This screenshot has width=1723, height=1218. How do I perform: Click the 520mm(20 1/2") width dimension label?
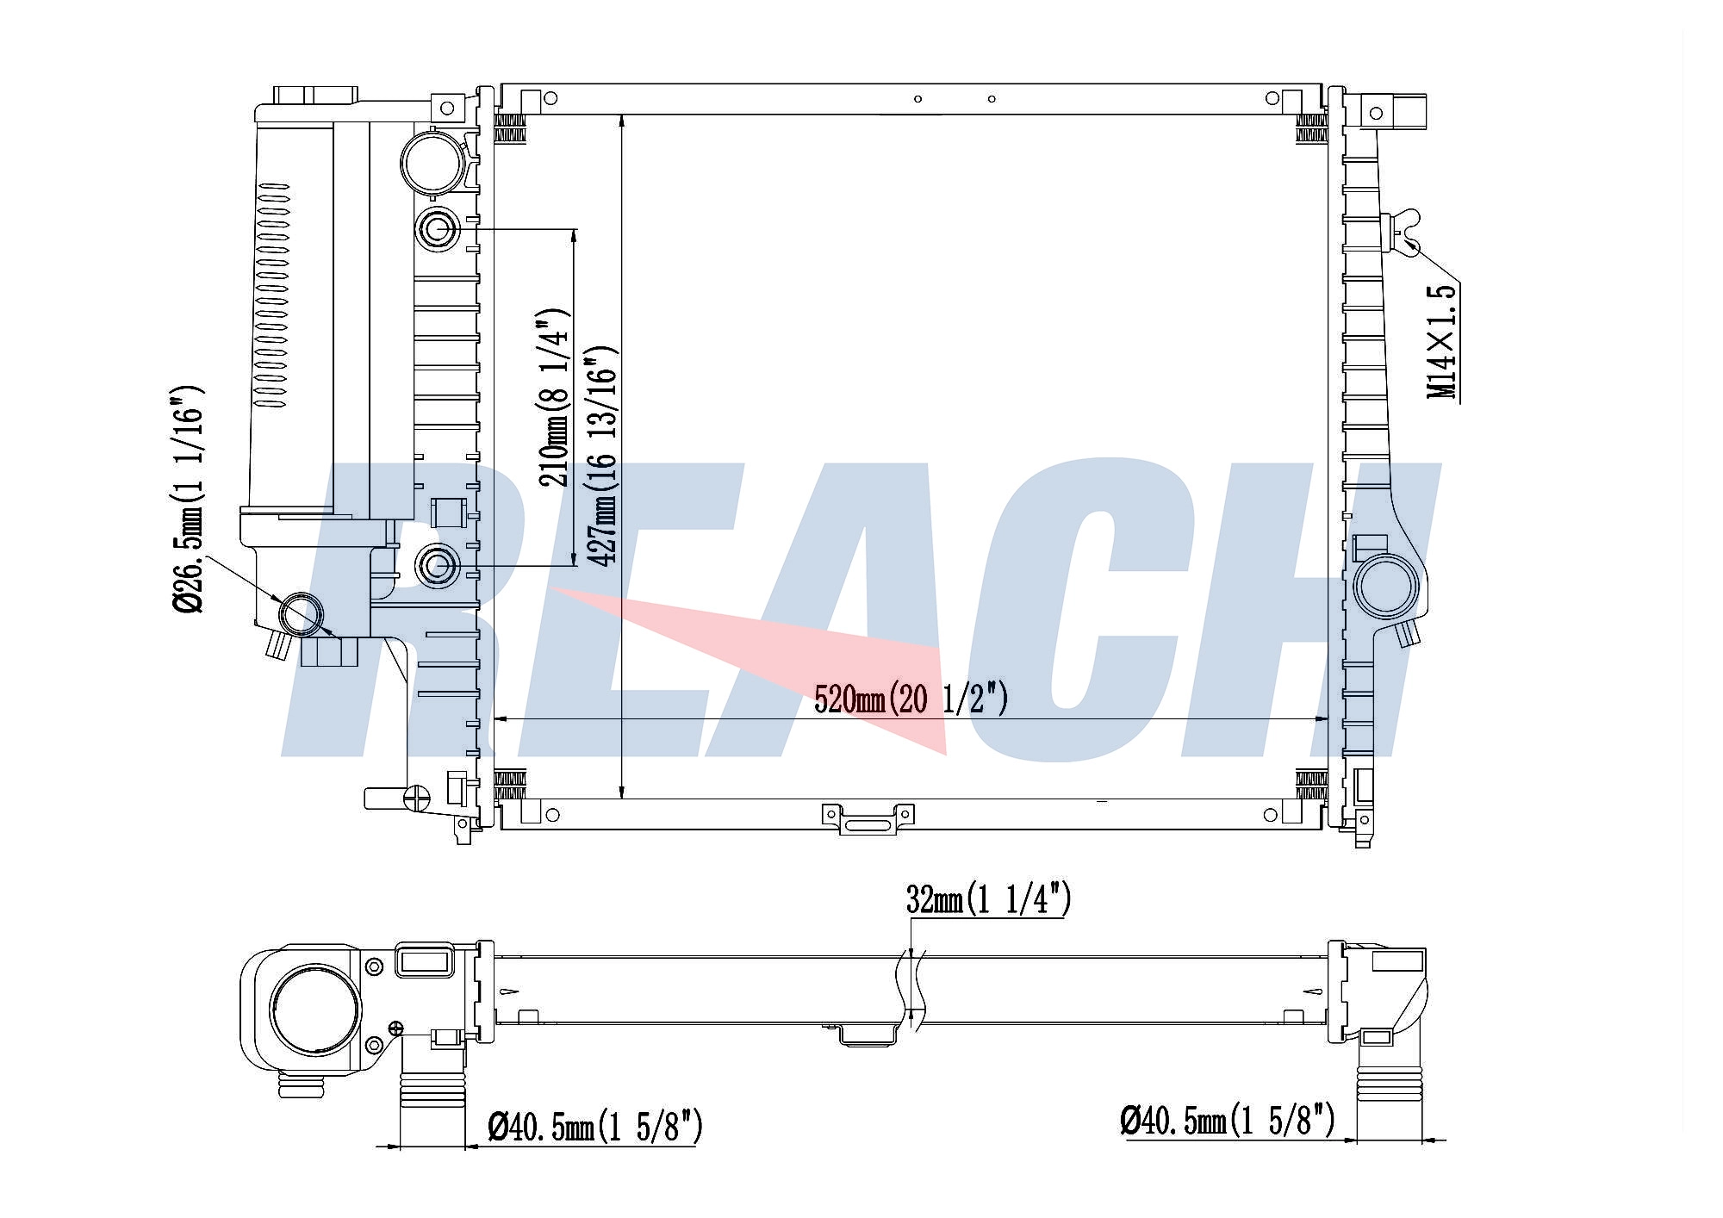pos(911,698)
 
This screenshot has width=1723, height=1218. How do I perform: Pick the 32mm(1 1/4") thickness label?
pos(988,900)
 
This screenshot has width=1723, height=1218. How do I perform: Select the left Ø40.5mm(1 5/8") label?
pos(594,1126)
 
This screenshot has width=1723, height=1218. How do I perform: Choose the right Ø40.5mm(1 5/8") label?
pos(1227,1120)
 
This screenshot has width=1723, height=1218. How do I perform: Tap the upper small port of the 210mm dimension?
pos(438,229)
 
